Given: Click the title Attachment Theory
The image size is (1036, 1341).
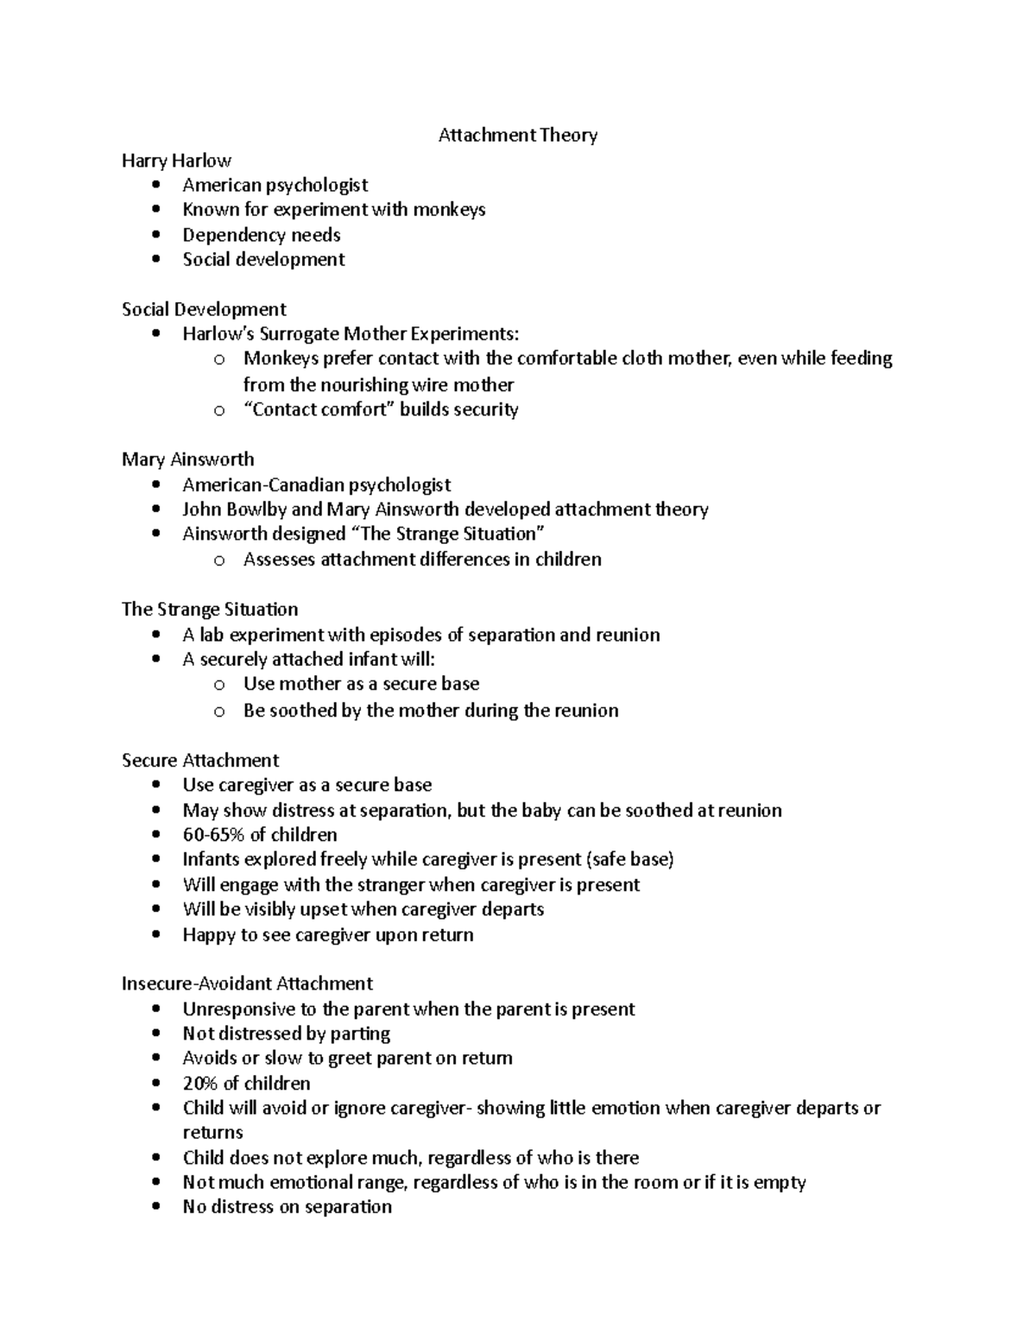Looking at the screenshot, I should (517, 135).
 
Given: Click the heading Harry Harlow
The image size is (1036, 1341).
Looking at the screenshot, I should (176, 161).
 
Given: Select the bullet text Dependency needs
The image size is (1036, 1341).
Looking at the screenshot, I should (261, 235).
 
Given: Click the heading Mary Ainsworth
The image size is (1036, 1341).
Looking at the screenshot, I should (187, 459).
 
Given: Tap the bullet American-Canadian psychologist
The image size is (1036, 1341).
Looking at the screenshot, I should (316, 485).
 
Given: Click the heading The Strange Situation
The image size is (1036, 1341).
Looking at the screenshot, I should (210, 610).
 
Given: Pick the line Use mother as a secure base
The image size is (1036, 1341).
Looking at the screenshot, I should (361, 684).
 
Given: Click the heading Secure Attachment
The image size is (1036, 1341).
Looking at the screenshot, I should (200, 761).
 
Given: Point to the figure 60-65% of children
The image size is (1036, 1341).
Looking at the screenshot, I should (259, 835).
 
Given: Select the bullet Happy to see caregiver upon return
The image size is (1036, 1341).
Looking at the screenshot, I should (327, 935).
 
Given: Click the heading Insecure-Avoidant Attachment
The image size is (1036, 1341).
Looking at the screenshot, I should (247, 984).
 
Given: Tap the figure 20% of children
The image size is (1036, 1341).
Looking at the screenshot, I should (246, 1084).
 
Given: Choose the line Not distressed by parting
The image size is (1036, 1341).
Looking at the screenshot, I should (286, 1034).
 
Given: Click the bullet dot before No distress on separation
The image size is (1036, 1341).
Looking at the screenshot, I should (155, 1207).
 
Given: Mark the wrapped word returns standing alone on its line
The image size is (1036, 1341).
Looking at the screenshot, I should (212, 1133).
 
